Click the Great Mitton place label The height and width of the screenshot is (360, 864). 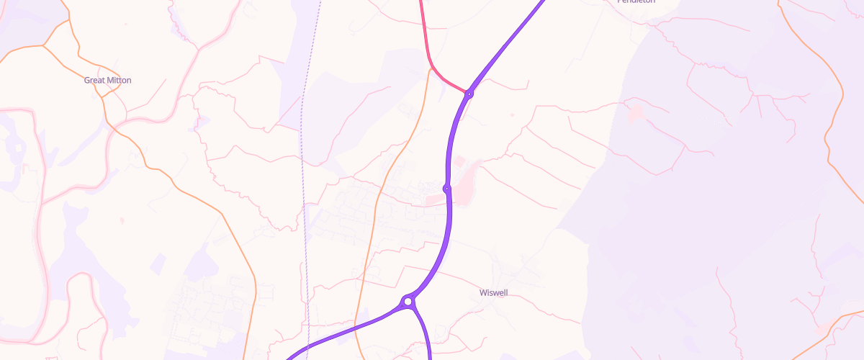pos(108,80)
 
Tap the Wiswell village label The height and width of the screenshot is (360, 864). pos(495,293)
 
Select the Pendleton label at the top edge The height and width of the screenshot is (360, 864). pos(636,2)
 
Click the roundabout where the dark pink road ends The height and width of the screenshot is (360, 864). pos(469,94)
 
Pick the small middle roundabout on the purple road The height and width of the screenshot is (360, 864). pos(446,189)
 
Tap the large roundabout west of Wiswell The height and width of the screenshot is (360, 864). pos(408,301)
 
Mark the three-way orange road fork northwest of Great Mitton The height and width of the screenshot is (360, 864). pos(45,45)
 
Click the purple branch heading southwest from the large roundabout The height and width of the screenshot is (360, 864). pos(346,331)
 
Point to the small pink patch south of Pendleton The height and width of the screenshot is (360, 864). pos(636,113)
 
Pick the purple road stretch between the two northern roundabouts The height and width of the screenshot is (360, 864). pos(455,137)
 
